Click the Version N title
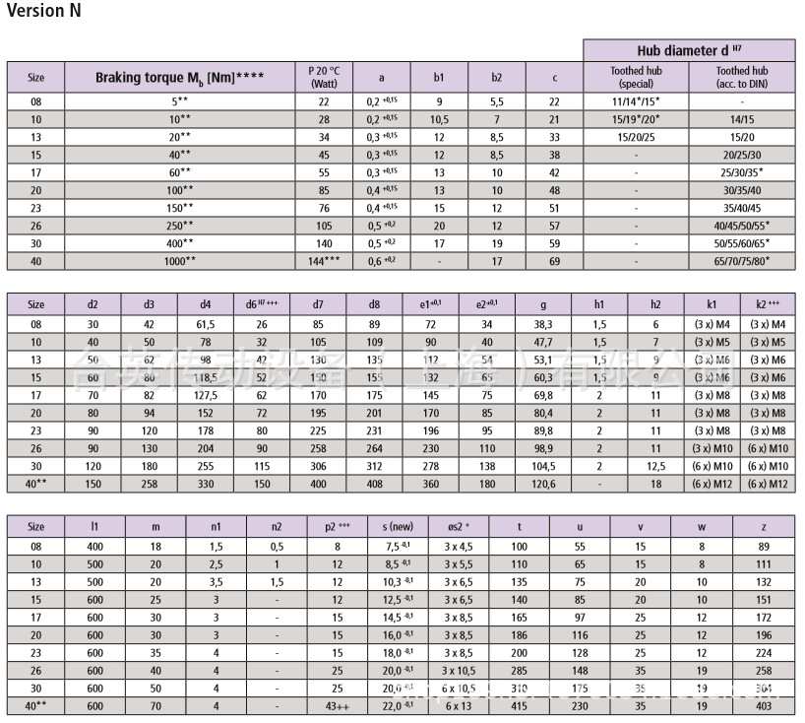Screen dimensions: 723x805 point(44,12)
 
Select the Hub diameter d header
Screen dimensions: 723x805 point(689,50)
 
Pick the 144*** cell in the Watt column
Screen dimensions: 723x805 point(324,261)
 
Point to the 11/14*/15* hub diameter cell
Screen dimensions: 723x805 point(636,101)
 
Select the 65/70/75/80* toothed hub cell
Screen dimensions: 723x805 point(742,261)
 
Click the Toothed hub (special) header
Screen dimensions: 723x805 point(636,77)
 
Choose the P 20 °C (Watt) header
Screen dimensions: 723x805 point(324,77)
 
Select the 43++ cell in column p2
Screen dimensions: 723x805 point(337,705)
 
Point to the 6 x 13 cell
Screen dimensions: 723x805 point(459,705)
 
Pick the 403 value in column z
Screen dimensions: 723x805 point(765,705)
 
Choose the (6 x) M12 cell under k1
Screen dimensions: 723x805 point(712,484)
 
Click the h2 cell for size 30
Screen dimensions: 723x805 point(655,466)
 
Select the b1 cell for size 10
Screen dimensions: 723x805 point(439,119)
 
